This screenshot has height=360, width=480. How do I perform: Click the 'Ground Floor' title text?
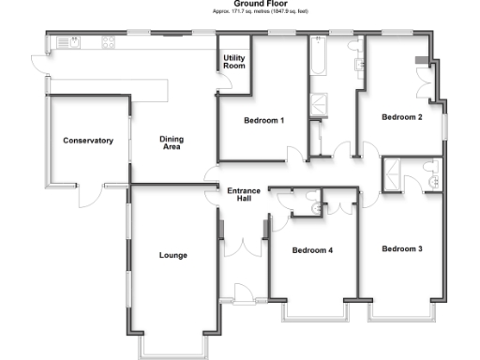[x=239, y=4]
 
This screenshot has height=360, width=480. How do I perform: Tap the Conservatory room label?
[x=88, y=141]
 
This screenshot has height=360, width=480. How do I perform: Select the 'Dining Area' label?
[x=172, y=142]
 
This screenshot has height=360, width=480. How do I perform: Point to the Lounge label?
[x=173, y=255]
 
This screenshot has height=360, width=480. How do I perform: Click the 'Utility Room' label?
[x=233, y=63]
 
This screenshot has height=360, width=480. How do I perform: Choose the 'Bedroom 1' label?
[x=263, y=121]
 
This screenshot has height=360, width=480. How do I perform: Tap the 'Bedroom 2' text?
[x=400, y=117]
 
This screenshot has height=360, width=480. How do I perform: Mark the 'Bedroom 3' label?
[x=401, y=248]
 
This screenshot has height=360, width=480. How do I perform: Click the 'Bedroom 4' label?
[x=311, y=250]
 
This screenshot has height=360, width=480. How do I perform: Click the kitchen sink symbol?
[x=67, y=42]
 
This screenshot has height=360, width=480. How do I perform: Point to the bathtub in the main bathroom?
[x=317, y=66]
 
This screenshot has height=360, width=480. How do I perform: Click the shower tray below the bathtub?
[x=320, y=102]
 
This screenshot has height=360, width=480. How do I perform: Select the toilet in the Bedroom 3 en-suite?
[x=430, y=168]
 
